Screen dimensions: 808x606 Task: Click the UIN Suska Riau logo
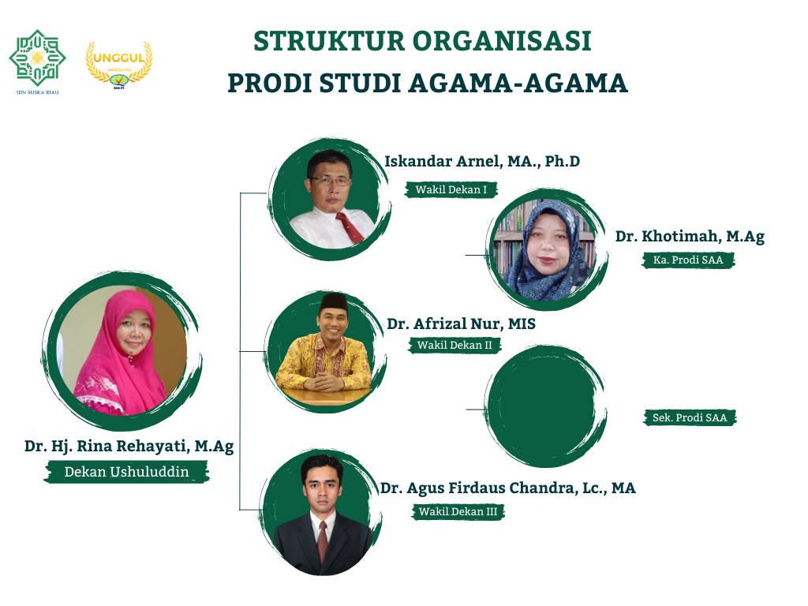(37, 62)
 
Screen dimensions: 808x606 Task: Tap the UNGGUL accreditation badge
(119, 65)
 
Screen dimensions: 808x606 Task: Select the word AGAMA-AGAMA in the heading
(518, 84)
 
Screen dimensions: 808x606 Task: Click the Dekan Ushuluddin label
(127, 472)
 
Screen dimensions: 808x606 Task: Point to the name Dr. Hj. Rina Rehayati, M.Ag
(129, 447)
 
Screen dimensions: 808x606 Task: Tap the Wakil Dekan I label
(451, 189)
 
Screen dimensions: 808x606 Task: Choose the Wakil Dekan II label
(454, 346)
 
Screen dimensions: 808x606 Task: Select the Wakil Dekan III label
(458, 511)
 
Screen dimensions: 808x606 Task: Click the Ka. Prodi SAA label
(688, 260)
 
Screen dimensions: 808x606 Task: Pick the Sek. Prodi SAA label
(690, 418)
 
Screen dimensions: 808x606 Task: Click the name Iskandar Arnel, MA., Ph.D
(482, 161)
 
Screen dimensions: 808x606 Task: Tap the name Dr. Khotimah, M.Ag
(690, 237)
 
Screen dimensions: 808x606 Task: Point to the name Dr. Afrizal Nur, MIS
(461, 324)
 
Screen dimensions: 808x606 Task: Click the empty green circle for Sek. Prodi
(546, 407)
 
